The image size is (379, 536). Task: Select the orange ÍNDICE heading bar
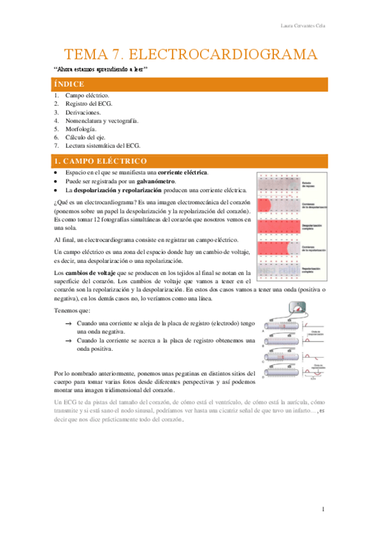point(189,84)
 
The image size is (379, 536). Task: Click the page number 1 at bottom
point(323,509)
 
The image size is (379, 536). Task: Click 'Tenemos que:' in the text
point(72,310)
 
